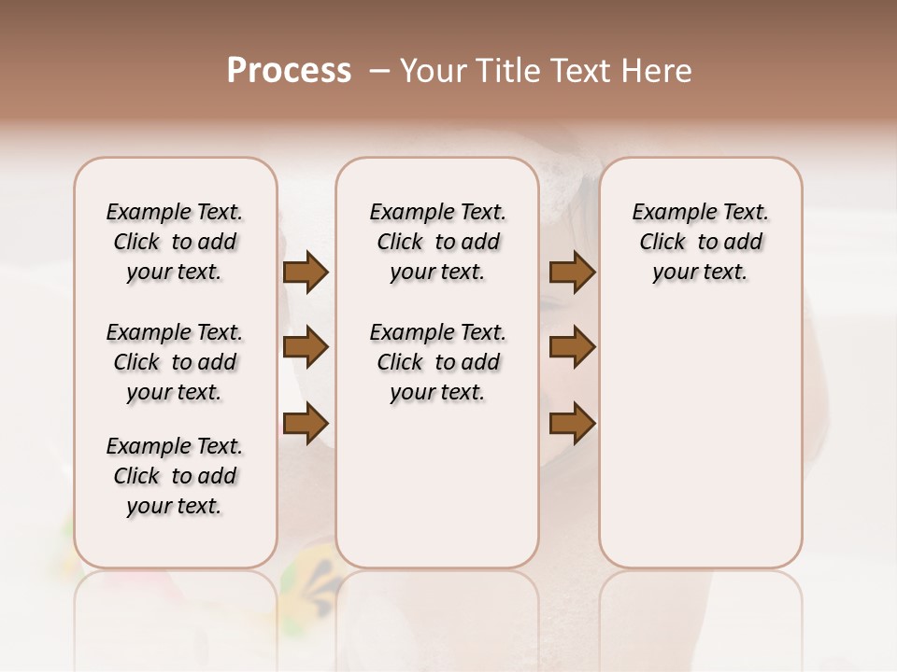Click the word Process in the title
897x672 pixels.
click(x=289, y=71)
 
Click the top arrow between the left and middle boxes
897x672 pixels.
click(x=306, y=272)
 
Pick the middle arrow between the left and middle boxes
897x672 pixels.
click(x=306, y=347)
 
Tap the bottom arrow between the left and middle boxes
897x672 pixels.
click(x=306, y=423)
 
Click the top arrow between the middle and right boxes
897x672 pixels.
click(x=573, y=272)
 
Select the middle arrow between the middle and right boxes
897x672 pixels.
click(x=573, y=347)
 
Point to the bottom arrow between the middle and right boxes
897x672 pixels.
click(x=573, y=423)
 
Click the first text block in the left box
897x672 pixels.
click(x=175, y=242)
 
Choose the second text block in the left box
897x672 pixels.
click(x=175, y=362)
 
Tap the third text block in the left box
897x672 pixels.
click(x=175, y=476)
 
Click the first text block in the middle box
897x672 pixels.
click(x=437, y=242)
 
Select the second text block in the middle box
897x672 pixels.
click(x=437, y=362)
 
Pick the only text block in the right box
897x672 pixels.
click(x=701, y=242)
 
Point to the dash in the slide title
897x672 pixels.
click(x=378, y=71)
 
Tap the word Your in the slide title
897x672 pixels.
click(x=432, y=71)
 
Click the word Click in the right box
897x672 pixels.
click(x=662, y=243)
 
